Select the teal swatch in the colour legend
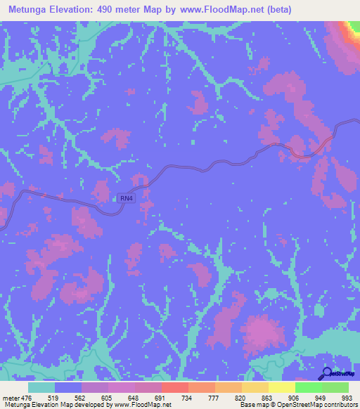pyautogui.click(x=41, y=387)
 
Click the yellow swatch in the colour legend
pyautogui.click(x=281, y=387)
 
